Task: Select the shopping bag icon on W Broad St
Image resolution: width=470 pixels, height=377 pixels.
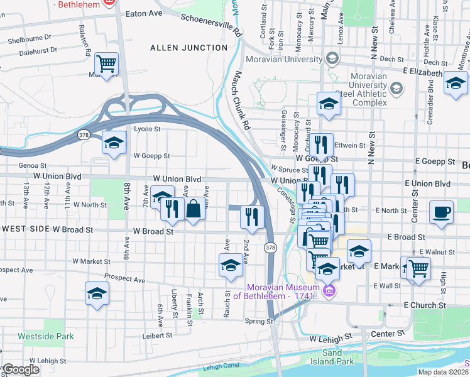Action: click(194, 208)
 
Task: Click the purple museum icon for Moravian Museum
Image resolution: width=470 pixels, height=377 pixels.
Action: click(329, 291)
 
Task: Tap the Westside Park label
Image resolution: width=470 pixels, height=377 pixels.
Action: click(46, 336)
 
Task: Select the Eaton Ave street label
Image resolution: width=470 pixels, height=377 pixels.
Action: click(144, 13)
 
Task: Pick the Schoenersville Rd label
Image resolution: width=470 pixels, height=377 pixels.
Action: click(211, 22)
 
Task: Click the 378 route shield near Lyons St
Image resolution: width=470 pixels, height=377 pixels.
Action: click(84, 135)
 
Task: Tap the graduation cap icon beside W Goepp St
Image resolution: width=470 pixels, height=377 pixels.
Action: click(114, 143)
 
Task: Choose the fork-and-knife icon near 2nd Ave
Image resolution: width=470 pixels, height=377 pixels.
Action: click(251, 217)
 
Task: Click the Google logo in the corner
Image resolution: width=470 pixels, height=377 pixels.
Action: click(20, 369)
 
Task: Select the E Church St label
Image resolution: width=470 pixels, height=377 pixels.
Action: click(424, 305)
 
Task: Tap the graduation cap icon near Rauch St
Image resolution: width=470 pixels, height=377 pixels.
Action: click(231, 265)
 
